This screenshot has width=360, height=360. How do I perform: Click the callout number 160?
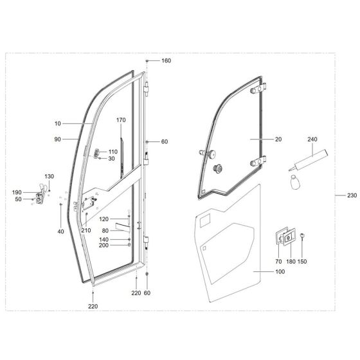coord(166,60)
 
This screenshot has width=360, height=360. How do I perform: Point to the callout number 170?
coord(121,120)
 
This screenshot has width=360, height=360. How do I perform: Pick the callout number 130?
coord(50,176)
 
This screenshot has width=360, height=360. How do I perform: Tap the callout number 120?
coord(104,219)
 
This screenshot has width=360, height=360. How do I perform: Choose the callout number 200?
coord(104,246)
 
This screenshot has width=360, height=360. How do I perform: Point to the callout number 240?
coord(313,139)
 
